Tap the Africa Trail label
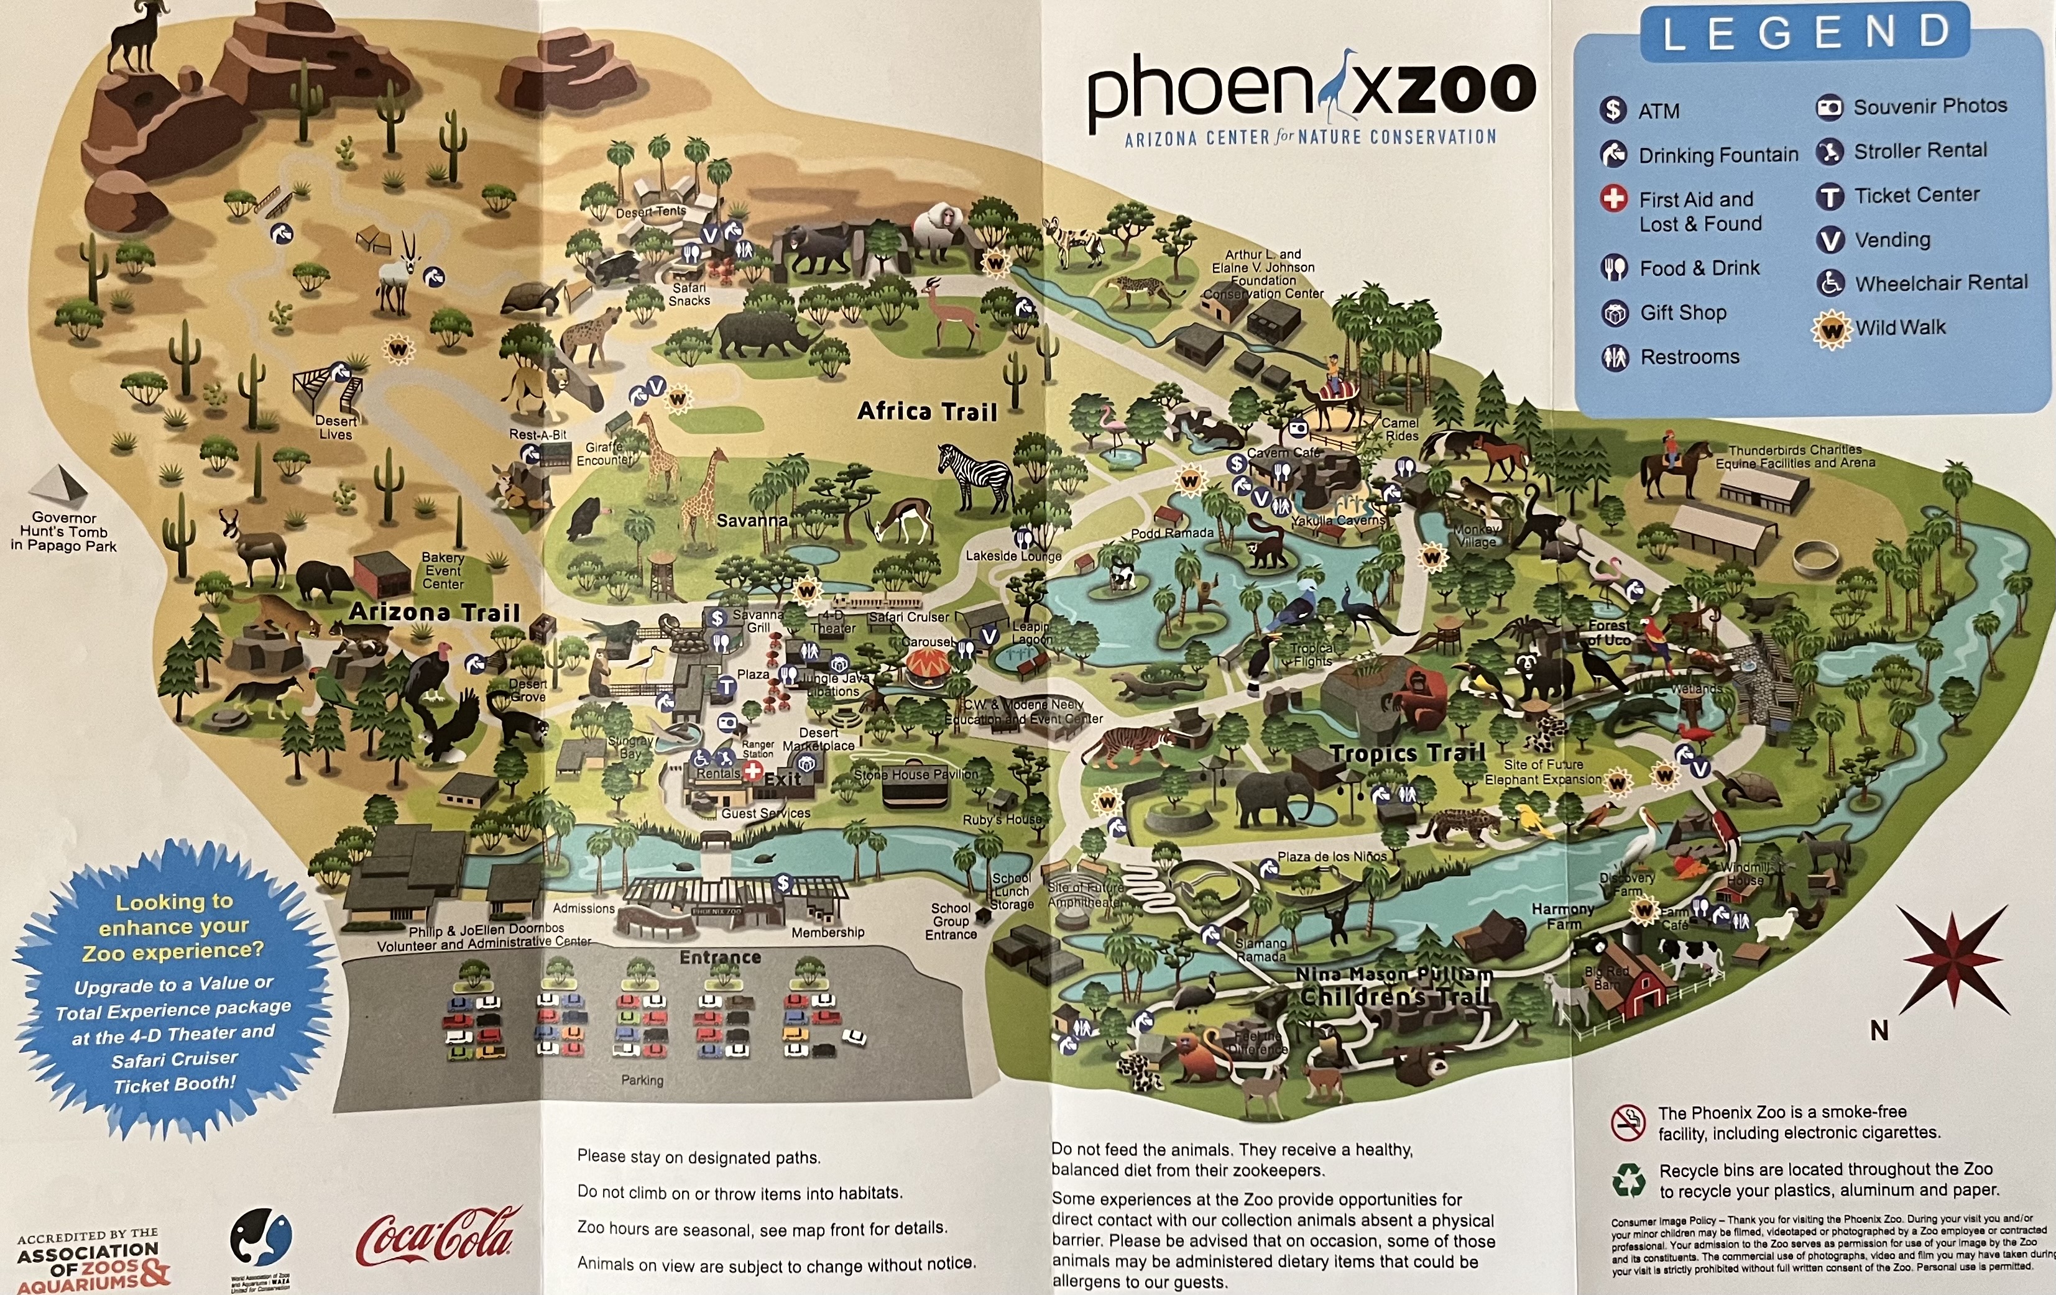[926, 411]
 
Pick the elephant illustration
[1276, 798]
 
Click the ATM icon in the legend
[1613, 109]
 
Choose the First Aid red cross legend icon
[1613, 199]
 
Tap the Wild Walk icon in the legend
[1830, 329]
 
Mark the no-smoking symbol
[1628, 1122]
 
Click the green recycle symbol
[1628, 1180]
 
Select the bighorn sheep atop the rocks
[137, 34]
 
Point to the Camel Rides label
[1399, 429]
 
